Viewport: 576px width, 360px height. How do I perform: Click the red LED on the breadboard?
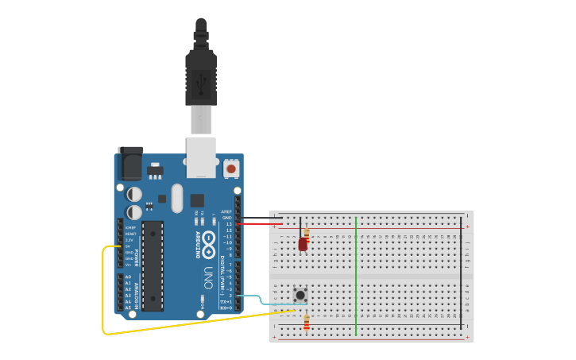[x=303, y=245]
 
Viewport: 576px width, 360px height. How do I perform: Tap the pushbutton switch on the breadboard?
[x=300, y=295]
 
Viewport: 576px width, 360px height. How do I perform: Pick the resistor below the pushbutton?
[x=307, y=322]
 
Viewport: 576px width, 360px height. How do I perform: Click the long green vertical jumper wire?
[x=356, y=274]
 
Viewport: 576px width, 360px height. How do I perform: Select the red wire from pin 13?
[x=258, y=224]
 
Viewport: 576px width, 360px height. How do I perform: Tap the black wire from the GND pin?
[x=258, y=218]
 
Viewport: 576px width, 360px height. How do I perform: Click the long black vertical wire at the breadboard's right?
[x=461, y=274]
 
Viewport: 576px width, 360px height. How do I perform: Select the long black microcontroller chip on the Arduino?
[x=153, y=265]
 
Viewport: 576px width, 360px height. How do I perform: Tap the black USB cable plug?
[x=201, y=75]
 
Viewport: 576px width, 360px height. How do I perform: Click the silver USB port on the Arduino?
[x=201, y=157]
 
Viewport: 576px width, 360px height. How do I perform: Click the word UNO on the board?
[x=208, y=277]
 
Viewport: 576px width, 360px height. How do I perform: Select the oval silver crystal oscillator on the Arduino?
[x=176, y=198]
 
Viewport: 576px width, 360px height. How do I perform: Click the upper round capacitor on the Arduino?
[x=135, y=194]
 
